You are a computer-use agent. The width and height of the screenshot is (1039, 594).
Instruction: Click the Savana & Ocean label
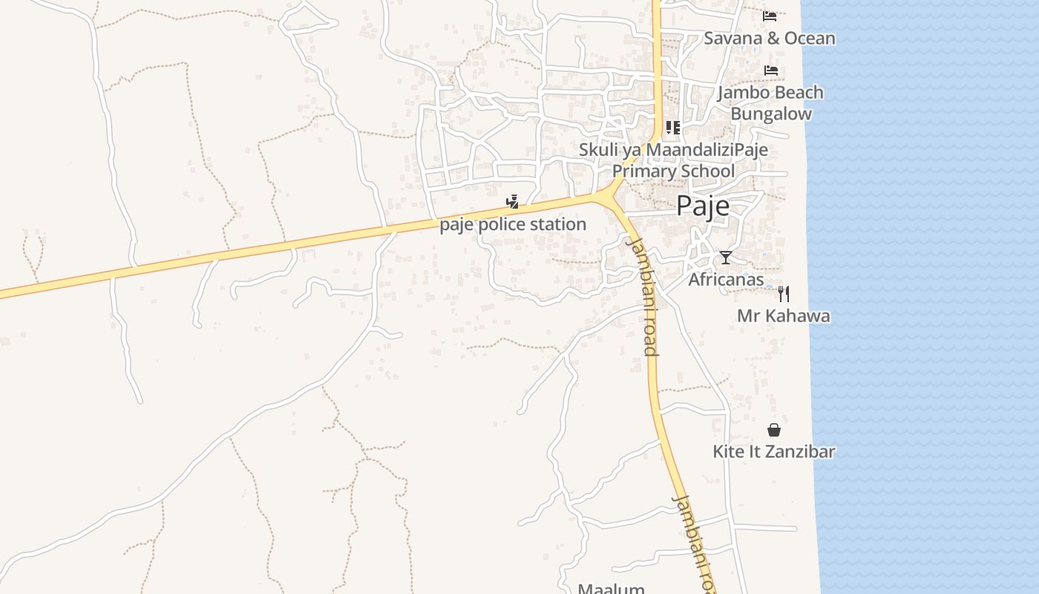coord(769,39)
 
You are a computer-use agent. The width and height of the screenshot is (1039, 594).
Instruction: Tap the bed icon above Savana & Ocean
coord(770,16)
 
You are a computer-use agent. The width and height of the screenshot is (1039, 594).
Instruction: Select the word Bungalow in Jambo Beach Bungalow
coord(771,114)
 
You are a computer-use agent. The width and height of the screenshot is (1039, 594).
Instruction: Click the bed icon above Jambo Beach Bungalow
coord(771,71)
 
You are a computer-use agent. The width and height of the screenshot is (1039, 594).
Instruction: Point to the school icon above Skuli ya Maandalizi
coord(672,128)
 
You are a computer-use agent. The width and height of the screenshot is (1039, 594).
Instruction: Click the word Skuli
coord(597,150)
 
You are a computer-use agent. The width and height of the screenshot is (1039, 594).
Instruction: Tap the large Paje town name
coord(702,206)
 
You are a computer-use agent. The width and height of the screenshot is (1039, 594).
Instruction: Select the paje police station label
coord(513,224)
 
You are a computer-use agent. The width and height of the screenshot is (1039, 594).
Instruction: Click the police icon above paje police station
coord(512,201)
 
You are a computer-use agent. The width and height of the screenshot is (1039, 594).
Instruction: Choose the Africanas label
coord(726,280)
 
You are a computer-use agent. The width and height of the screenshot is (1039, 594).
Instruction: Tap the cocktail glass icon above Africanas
coord(726,258)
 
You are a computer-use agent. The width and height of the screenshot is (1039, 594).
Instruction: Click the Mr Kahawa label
coord(783,316)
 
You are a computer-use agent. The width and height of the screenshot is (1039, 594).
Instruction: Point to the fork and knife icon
coord(783,294)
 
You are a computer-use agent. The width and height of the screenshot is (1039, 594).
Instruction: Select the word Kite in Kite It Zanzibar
coord(727,451)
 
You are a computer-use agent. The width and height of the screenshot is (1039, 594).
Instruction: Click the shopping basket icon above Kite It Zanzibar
coord(774,430)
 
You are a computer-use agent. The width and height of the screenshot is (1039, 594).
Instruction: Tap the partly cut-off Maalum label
coord(611,589)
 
